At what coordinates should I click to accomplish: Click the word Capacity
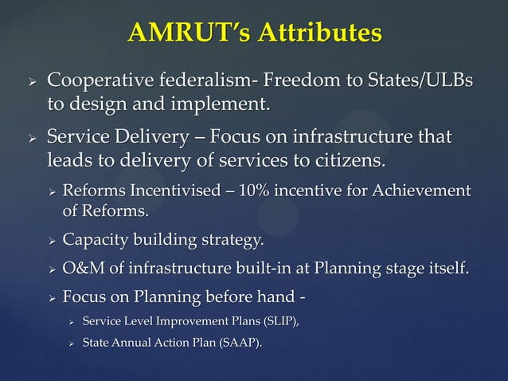point(92,240)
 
